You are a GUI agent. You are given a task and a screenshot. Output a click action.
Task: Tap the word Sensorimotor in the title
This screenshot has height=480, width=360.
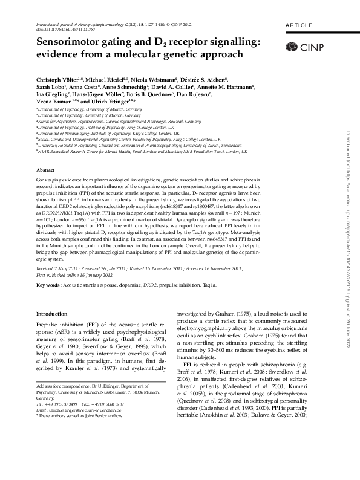68,42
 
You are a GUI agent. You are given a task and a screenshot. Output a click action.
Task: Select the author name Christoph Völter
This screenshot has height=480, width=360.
48,81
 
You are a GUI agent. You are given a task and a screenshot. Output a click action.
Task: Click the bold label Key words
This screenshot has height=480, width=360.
48,284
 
